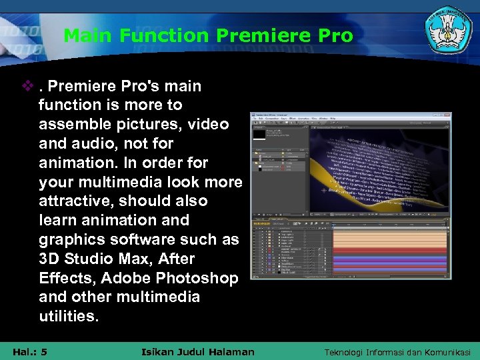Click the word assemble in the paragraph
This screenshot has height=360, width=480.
70,125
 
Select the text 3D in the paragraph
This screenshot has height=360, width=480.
49,259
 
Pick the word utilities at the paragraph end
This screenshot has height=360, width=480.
68,316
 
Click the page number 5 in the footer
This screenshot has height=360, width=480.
43,351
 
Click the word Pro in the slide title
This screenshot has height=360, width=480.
337,35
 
